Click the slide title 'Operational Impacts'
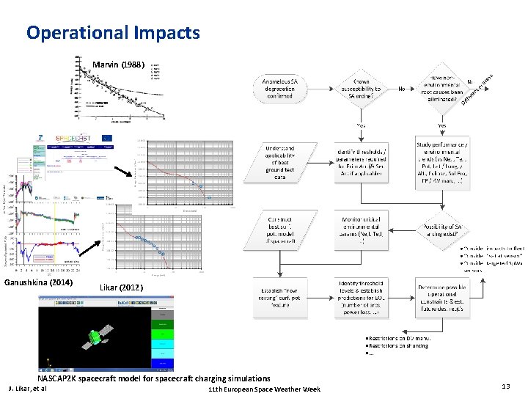pyautogui.click(x=112, y=33)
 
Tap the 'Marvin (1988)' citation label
pyautogui.click(x=119, y=65)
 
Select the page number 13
pyautogui.click(x=505, y=386)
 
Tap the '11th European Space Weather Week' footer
pyautogui.click(x=264, y=389)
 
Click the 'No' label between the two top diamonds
pyautogui.click(x=402, y=89)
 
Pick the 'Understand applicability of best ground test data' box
pyautogui.click(x=279, y=162)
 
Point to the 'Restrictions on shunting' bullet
pyautogui.click(x=400, y=345)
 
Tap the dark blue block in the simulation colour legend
pyautogui.click(x=162, y=363)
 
